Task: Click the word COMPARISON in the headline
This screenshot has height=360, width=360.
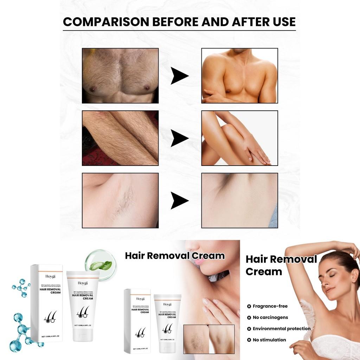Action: (101, 21)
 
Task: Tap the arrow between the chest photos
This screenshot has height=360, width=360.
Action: (179, 76)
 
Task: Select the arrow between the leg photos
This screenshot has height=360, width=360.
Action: (179, 138)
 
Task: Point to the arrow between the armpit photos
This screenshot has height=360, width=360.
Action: (179, 201)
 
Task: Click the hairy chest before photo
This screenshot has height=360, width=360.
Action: (120, 76)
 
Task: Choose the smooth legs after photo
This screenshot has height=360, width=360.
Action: (239, 138)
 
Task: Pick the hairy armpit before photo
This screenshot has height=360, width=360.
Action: (120, 200)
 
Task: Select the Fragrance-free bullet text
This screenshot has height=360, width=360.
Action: (270, 306)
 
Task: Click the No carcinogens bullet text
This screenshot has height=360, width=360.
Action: (270, 317)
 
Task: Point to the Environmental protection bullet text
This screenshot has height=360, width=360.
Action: (281, 329)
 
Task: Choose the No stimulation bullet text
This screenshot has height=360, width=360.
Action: (269, 340)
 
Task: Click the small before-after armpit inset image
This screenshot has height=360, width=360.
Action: (209, 339)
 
